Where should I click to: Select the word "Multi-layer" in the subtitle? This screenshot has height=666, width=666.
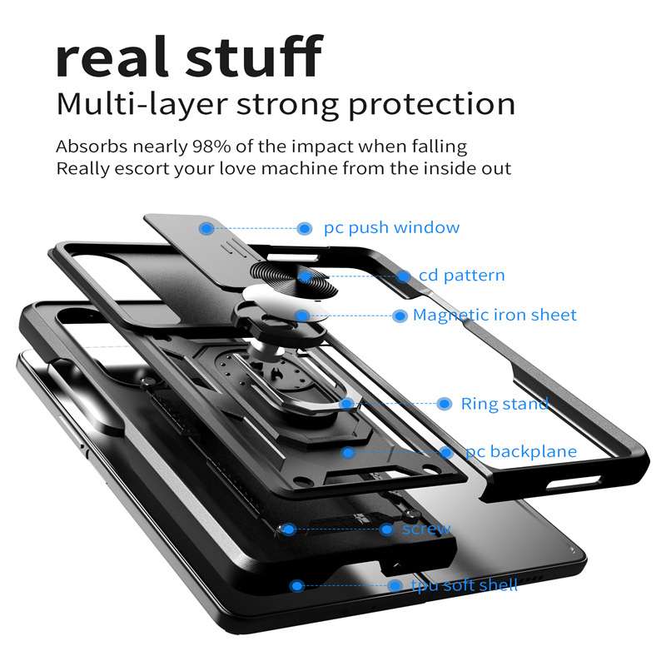[136, 105]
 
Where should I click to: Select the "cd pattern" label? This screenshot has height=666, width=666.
[462, 276]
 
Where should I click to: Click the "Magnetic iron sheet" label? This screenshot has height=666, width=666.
[495, 316]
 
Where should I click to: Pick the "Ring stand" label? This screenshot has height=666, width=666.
[504, 405]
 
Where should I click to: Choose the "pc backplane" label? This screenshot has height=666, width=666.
[520, 452]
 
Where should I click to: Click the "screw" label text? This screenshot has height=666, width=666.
[426, 529]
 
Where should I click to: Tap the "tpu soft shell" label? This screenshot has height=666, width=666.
[465, 585]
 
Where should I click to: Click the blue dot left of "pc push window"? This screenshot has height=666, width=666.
[306, 228]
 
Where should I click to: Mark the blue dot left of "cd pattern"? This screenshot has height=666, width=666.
[404, 276]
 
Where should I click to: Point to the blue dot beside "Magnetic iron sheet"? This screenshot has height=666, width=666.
[400, 316]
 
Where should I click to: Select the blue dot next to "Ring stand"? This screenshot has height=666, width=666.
[444, 404]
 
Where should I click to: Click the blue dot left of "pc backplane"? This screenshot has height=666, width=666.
[447, 453]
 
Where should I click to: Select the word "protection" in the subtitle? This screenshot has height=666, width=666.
[431, 105]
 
